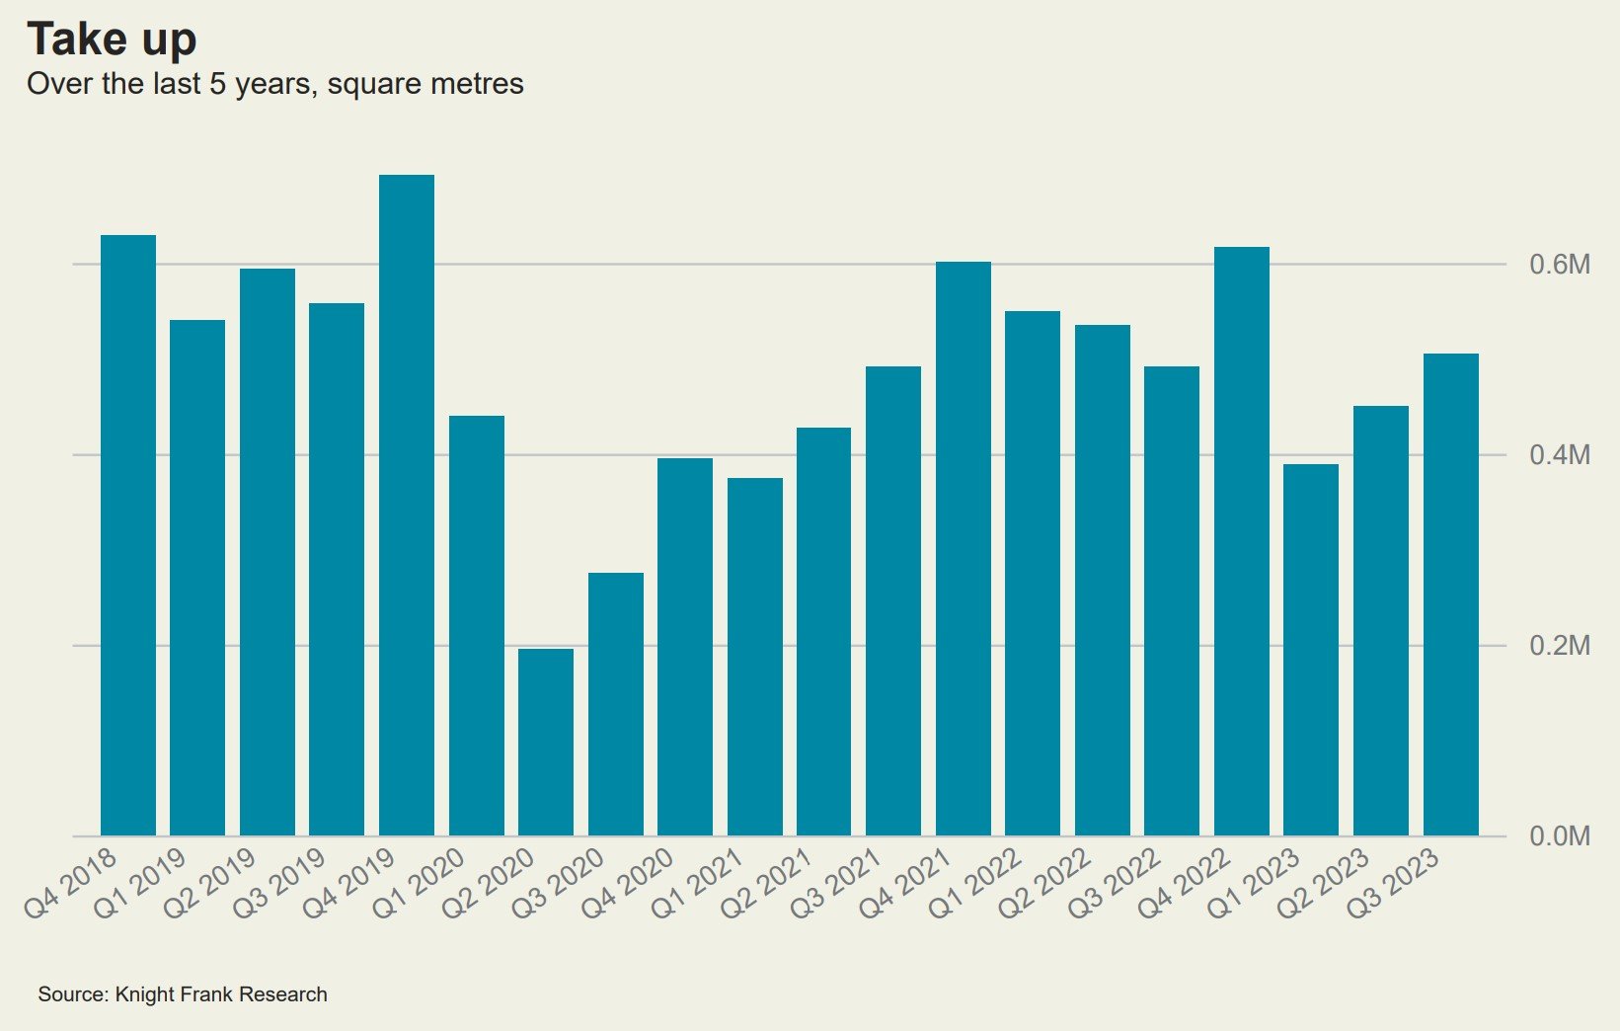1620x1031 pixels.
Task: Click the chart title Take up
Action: click(x=112, y=40)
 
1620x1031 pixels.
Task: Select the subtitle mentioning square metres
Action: click(x=274, y=84)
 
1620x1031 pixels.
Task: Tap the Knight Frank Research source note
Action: click(x=183, y=994)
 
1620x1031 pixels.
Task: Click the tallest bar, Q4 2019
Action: click(x=407, y=505)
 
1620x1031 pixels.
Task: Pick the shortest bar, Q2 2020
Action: click(x=546, y=742)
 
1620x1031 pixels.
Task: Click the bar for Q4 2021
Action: click(x=964, y=548)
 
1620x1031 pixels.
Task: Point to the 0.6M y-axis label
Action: click(x=1560, y=265)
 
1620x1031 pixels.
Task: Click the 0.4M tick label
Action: click(x=1560, y=455)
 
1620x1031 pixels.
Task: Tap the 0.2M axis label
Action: click(x=1560, y=646)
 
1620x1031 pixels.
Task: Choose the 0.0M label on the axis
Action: click(x=1560, y=836)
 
